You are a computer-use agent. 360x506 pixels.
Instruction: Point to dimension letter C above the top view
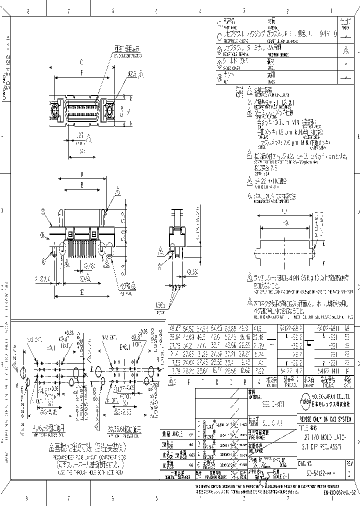pyautogui.click(x=81, y=63)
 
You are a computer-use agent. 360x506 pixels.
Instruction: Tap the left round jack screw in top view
pyautogui.click(x=52, y=109)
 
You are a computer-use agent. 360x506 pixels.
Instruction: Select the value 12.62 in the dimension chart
pyautogui.click(x=245, y=370)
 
